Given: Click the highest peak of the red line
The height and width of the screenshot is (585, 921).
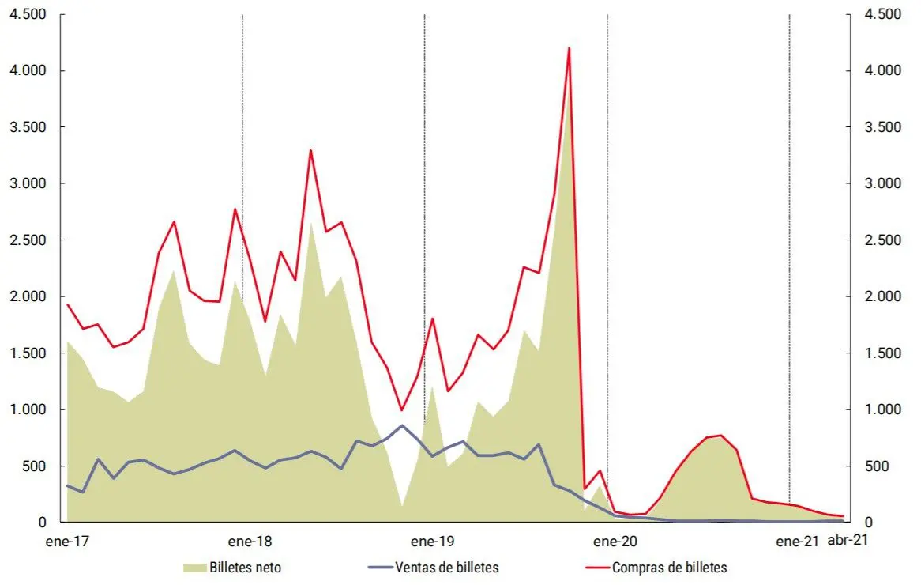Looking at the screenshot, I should click(569, 49).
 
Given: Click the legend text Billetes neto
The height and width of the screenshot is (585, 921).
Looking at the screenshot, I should click(245, 567).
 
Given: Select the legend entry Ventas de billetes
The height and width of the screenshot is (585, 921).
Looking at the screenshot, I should click(446, 567).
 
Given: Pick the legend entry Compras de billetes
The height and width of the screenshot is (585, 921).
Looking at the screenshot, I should click(669, 567).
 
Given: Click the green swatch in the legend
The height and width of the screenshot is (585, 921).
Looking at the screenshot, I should click(194, 567).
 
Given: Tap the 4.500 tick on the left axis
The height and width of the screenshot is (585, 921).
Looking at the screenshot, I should click(26, 14).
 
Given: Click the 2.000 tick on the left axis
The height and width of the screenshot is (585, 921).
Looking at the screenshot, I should click(26, 296).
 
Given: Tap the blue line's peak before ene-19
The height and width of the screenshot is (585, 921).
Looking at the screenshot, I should click(402, 425).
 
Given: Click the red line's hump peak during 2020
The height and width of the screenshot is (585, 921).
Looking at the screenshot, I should click(721, 435).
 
